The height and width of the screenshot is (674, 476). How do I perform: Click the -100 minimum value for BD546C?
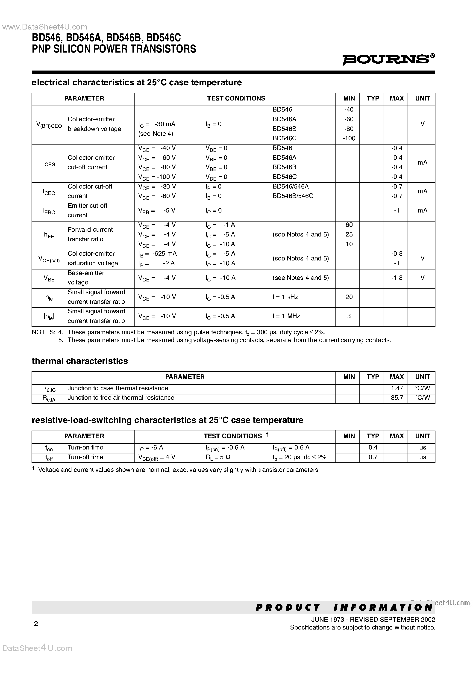click(x=349, y=138)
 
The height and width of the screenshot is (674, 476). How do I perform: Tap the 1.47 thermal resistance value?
click(x=397, y=388)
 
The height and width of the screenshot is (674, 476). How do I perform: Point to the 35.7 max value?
click(x=397, y=398)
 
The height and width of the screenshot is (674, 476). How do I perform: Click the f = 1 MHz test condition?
click(x=286, y=316)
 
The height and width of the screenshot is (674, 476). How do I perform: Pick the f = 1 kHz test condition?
click(x=285, y=297)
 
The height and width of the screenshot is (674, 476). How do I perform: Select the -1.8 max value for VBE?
click(x=397, y=278)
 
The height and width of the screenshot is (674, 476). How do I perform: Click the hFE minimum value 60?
click(x=349, y=225)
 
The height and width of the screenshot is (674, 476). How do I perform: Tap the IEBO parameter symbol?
click(x=49, y=211)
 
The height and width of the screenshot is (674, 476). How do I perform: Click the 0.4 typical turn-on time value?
click(x=373, y=447)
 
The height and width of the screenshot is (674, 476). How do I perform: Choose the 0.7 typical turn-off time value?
click(x=373, y=457)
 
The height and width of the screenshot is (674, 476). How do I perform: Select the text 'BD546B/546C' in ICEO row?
click(x=293, y=196)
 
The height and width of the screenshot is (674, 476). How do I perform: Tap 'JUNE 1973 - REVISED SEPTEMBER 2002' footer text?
click(x=373, y=620)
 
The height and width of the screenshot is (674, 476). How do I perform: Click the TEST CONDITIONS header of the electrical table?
click(x=236, y=99)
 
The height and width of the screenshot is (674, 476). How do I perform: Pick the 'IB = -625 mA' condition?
click(x=158, y=254)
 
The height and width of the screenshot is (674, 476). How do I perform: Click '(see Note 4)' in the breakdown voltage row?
click(x=156, y=134)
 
